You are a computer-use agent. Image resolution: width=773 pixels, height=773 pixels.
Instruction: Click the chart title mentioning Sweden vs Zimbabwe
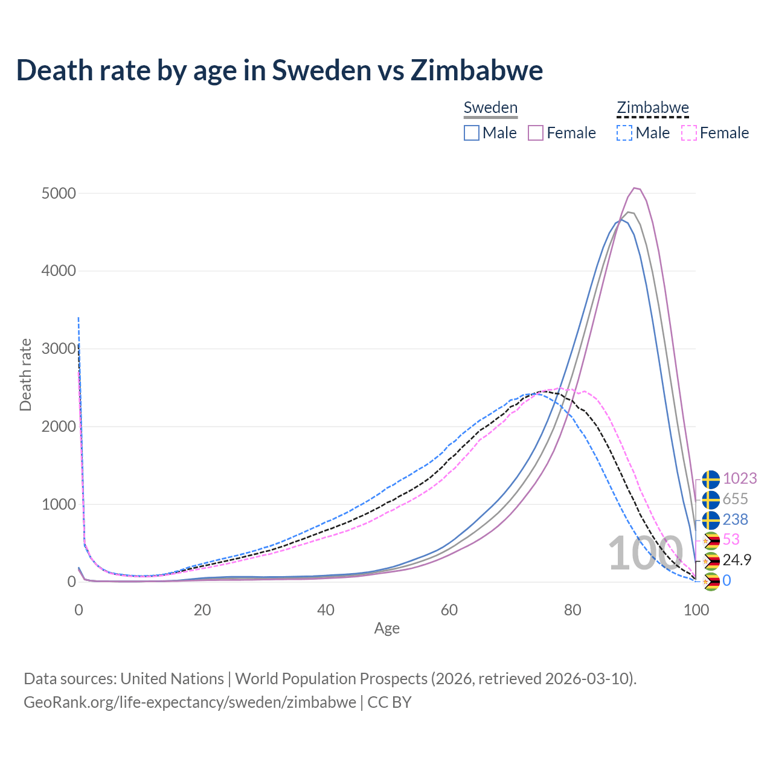(280, 70)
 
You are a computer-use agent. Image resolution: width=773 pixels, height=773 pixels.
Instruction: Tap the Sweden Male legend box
(472, 133)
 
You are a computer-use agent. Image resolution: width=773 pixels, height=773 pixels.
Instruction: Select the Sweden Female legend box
(536, 133)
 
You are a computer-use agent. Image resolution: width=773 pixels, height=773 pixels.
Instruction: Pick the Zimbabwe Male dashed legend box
(624, 133)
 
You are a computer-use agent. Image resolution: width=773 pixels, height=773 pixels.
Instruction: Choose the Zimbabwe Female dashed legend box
(688, 133)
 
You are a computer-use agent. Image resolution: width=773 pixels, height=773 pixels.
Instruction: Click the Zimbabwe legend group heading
(652, 108)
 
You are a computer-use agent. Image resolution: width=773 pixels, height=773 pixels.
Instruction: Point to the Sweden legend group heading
(490, 108)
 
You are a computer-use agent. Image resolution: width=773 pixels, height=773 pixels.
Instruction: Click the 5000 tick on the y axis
(59, 193)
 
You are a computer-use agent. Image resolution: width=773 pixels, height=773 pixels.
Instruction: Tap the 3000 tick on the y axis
(59, 348)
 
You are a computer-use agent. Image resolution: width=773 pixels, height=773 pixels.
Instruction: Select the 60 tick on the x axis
(449, 610)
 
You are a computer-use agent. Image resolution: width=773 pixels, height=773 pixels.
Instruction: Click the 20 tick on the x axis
(202, 610)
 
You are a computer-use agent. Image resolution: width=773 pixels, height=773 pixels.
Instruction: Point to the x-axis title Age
(386, 629)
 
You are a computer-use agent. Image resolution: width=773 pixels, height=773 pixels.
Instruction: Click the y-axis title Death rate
(25, 374)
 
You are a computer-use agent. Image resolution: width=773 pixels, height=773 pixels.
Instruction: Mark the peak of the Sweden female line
(635, 188)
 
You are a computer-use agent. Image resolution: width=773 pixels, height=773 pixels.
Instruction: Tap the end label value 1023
(739, 478)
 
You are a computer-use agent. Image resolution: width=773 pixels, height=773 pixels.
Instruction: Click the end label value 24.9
(737, 560)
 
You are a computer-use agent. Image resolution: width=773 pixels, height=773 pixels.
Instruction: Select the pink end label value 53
(731, 539)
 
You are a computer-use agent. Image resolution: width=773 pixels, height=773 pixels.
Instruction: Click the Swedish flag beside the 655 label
(711, 499)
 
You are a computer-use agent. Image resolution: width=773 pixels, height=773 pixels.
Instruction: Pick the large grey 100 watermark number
(645, 553)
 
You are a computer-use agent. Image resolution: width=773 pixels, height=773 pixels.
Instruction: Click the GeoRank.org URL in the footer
(190, 702)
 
